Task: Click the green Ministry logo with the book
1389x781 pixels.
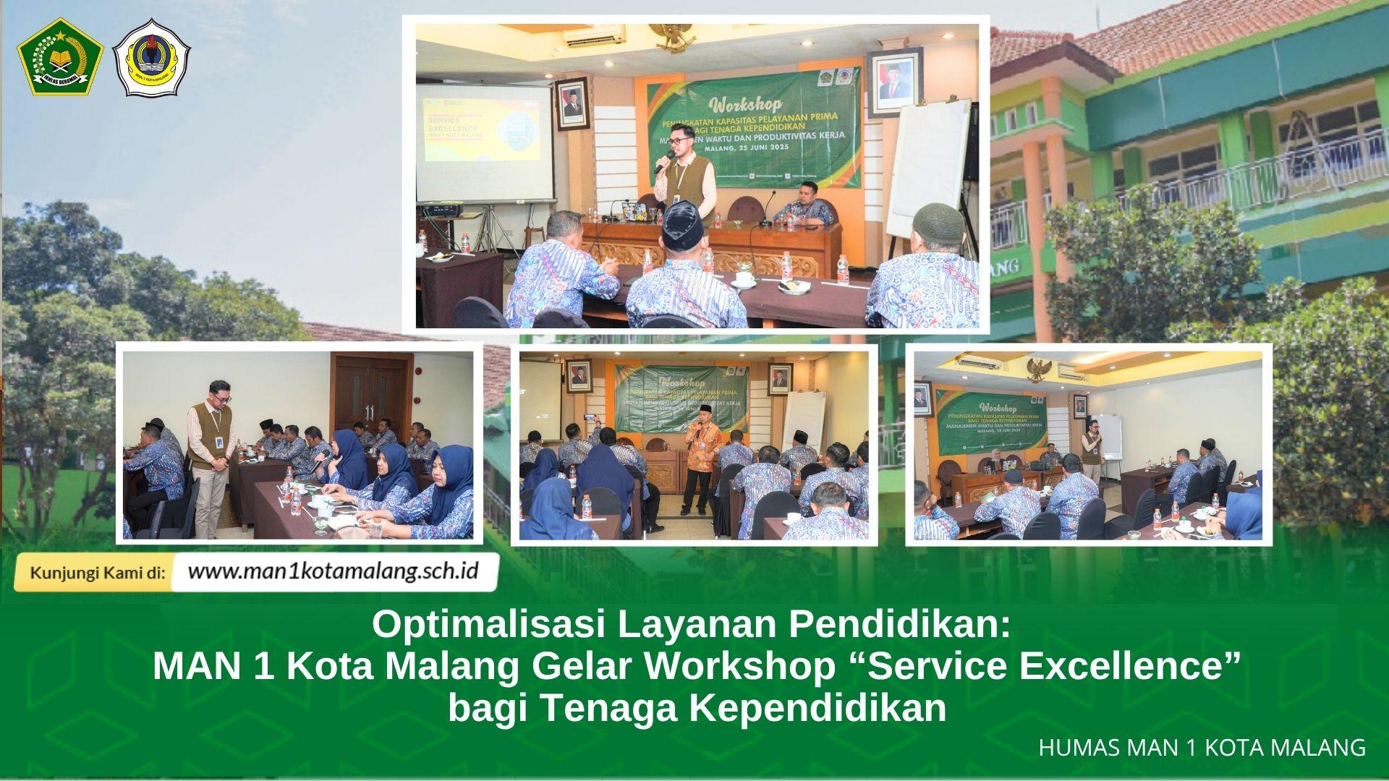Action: (60, 58)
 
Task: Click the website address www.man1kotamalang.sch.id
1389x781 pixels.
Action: (333, 571)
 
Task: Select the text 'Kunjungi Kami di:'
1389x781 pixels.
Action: (98, 572)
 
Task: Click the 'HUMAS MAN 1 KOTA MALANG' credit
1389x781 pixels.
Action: (1202, 748)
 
